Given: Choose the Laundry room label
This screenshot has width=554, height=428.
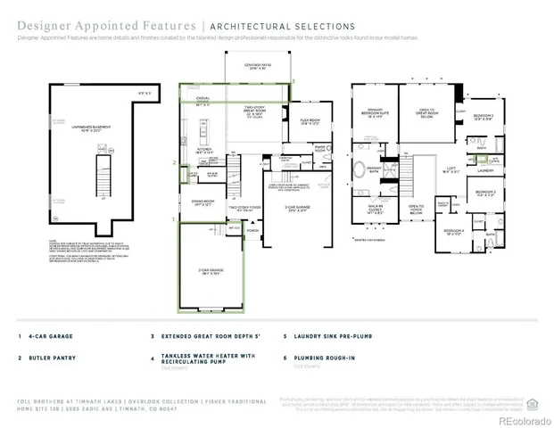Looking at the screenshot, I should coord(485,169).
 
